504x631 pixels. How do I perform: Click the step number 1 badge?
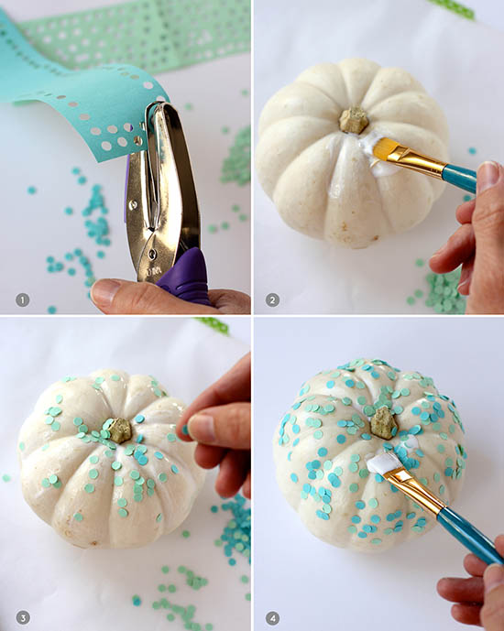click(x=23, y=299)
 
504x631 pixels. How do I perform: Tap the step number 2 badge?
click(x=272, y=299)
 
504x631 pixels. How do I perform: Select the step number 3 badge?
click(x=23, y=617)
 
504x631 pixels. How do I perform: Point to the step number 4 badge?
click(x=272, y=617)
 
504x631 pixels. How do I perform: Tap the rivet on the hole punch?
click(x=152, y=254)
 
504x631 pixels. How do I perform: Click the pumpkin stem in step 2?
click(x=354, y=120)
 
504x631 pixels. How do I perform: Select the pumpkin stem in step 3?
click(x=119, y=430)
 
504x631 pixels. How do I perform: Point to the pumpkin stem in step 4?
click(x=384, y=422)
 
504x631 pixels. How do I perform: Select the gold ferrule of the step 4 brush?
click(x=414, y=490)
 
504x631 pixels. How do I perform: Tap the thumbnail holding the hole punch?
click(x=104, y=290)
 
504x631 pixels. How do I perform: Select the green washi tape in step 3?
click(x=213, y=325)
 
